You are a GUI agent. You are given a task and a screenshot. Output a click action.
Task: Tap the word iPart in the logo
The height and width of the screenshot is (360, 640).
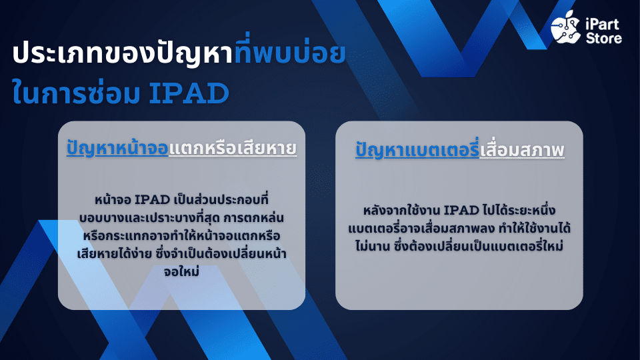(x=603, y=25)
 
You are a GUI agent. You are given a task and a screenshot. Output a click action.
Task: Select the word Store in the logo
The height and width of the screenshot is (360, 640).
(x=604, y=39)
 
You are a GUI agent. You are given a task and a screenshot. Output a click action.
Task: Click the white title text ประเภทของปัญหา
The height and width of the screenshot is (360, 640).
(x=123, y=54)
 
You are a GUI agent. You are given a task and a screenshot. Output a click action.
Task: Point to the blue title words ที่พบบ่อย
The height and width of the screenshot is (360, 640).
(x=290, y=51)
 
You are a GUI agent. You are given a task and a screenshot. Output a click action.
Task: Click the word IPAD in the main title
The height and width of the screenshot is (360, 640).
(x=189, y=93)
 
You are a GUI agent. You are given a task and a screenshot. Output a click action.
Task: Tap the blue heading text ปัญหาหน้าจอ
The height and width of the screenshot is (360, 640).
(x=117, y=148)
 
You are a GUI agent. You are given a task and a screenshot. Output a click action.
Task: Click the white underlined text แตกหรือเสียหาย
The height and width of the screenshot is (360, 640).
(x=233, y=148)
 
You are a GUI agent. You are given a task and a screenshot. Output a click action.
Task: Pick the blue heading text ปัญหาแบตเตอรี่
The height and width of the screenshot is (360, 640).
(x=417, y=149)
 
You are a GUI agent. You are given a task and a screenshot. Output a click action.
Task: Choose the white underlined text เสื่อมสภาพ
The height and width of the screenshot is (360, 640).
(x=522, y=150)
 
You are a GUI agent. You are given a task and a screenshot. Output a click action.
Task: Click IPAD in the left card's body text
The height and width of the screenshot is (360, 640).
(x=152, y=200)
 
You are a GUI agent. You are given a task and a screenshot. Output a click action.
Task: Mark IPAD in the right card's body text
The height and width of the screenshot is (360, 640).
(x=461, y=211)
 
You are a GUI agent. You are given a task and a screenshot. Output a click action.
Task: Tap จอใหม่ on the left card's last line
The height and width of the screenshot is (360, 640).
(x=181, y=271)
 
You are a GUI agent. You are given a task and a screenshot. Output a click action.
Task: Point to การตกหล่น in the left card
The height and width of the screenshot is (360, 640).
(x=253, y=217)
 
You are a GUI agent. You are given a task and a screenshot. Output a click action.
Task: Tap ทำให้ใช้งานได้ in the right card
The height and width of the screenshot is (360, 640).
(x=535, y=228)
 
